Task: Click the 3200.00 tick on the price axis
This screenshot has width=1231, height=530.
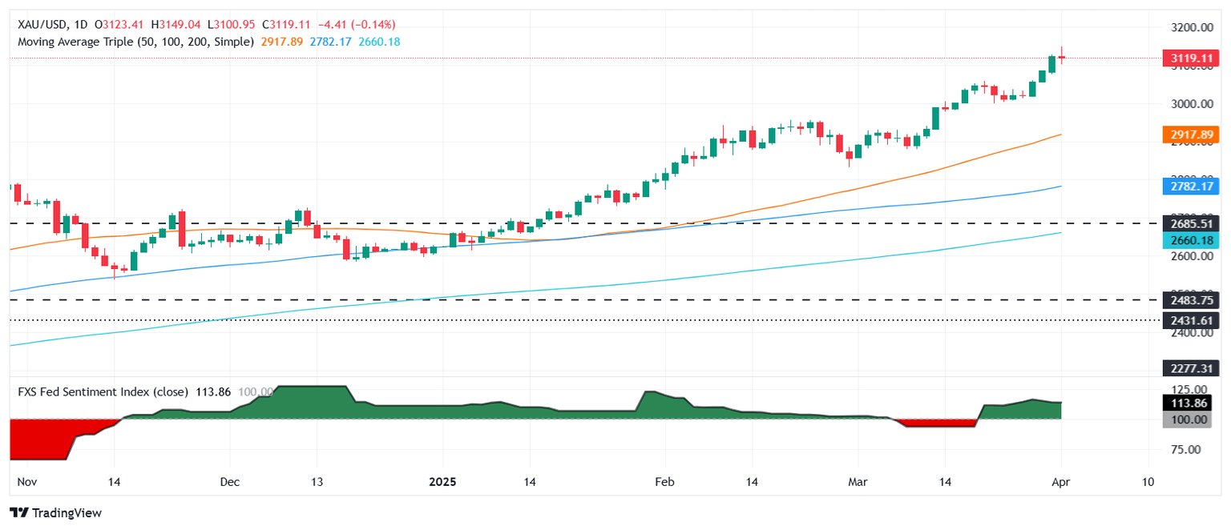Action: [x=1189, y=27]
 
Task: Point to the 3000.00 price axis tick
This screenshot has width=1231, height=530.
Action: [x=1189, y=104]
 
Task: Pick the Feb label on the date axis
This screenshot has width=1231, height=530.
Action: [x=664, y=482]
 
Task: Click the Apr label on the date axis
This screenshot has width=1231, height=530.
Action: [x=1061, y=482]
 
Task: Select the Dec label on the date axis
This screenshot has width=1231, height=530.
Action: [x=229, y=482]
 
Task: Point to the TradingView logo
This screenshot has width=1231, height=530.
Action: [x=56, y=512]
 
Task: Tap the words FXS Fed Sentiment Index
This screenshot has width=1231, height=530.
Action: [x=103, y=392]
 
